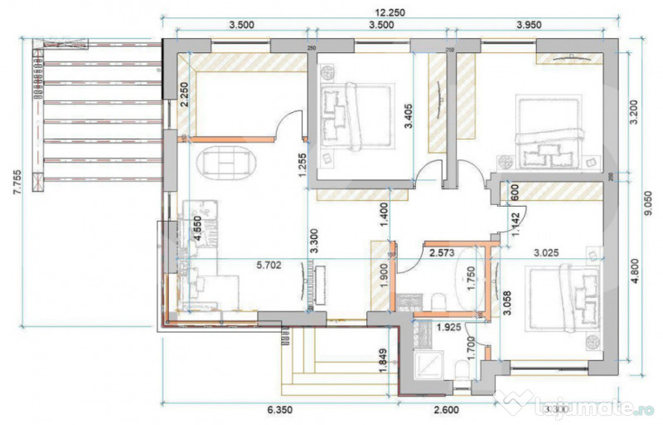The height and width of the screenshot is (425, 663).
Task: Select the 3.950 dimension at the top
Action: pos(528,25)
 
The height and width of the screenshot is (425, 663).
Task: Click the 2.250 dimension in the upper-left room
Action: pos(185,102)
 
